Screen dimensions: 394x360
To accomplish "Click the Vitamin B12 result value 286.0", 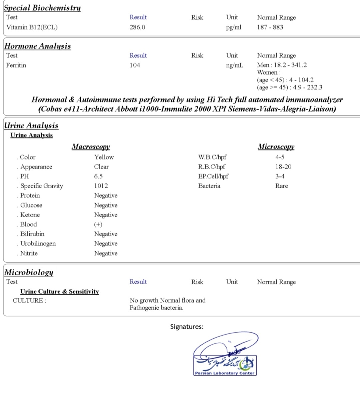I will coord(137,27).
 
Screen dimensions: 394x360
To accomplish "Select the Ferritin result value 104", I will coord(135,65).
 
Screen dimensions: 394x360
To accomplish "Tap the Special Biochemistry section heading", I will coord(42,8).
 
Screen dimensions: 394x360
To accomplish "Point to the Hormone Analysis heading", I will coord(38,46).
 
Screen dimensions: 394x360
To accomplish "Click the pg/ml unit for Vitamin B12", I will coord(233,27).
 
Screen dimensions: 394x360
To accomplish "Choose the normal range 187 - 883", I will coord(270,27).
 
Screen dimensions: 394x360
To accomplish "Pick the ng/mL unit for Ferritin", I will coord(235,65).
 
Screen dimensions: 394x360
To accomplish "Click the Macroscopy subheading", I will coord(91,147).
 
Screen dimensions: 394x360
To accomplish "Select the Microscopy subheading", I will coord(276,147).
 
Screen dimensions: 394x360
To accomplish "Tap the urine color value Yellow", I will coord(104,157).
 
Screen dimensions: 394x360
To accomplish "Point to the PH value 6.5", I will coord(98,176).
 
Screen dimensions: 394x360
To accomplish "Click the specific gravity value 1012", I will coord(101,186).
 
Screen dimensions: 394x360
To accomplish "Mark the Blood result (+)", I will coord(98,224).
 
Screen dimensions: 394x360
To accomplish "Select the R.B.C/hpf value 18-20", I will coord(283,167).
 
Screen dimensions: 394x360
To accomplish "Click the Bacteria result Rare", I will coord(282,186).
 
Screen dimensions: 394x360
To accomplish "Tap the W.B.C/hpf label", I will coord(212,157).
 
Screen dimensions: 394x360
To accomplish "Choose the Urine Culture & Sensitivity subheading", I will coord(60,291).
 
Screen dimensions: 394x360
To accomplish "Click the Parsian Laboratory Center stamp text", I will coord(225,373).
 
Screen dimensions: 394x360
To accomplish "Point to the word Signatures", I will coord(187,327).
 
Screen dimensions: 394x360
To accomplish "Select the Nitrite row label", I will coord(29,253).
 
